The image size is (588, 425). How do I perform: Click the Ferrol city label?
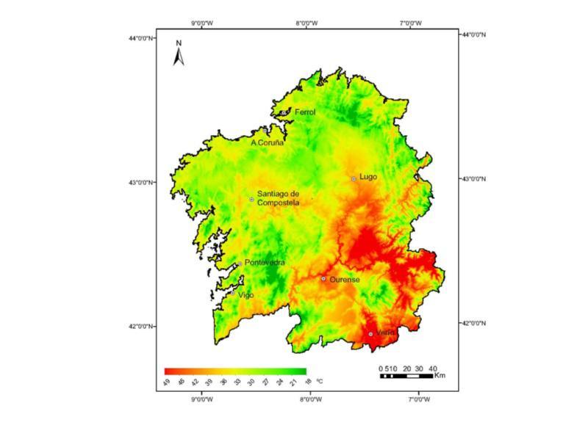pyautogui.click(x=304, y=112)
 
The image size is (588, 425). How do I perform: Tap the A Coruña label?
pyautogui.click(x=267, y=142)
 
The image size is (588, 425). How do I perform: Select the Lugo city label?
pyautogui.click(x=368, y=177)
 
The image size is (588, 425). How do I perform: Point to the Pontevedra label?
pyautogui.click(x=265, y=263)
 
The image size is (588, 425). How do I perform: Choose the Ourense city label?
pyautogui.click(x=344, y=280)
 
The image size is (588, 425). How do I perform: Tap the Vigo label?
pyautogui.click(x=245, y=294)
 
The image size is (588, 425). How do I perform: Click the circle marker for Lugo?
pyautogui.click(x=354, y=178)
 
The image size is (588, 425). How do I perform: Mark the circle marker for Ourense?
pyautogui.click(x=323, y=279)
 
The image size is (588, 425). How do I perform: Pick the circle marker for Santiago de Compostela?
pyautogui.click(x=251, y=199)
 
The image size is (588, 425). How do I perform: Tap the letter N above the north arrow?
pyautogui.click(x=178, y=43)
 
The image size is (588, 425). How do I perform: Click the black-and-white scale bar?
pyautogui.click(x=409, y=376)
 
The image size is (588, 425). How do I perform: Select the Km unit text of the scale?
pyautogui.click(x=440, y=376)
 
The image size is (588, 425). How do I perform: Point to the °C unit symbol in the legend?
pyautogui.click(x=319, y=382)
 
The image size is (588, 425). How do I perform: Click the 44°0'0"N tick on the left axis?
pyautogui.click(x=142, y=37)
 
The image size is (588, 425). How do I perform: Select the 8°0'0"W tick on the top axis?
pyautogui.click(x=306, y=23)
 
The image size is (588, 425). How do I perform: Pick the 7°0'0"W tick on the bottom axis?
pyautogui.click(x=418, y=400)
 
